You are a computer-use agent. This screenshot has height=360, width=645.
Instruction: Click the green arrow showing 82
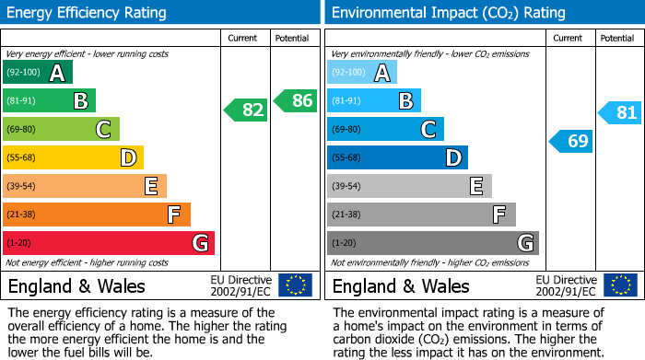tap(246, 110)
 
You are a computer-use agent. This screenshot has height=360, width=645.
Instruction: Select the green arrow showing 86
tap(296, 100)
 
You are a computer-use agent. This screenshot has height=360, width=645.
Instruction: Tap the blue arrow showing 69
tap(570, 142)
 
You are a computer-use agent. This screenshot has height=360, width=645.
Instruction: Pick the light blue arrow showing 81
tap(619, 112)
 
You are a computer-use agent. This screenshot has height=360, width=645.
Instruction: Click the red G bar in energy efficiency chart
tap(109, 243)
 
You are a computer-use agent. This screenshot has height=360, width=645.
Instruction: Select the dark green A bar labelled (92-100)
tap(38, 72)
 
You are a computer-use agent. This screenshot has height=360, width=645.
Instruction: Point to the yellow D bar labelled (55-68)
tap(73, 157)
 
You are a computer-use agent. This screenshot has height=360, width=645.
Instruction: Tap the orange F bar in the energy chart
tap(96, 215)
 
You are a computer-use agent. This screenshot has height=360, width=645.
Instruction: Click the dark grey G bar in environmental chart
tap(433, 243)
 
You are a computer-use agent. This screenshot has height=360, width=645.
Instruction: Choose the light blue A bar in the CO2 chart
tap(362, 72)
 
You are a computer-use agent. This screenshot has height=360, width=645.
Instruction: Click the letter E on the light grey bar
tap(476, 186)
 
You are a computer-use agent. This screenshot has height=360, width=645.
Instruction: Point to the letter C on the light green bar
tap(103, 129)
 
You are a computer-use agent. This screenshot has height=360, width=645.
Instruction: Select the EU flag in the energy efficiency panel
tap(295, 285)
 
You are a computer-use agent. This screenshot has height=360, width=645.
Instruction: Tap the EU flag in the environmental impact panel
tap(620, 285)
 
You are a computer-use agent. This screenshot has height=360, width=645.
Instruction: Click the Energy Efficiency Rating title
tap(87, 13)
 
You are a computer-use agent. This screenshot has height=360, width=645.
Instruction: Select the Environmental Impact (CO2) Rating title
tap(449, 13)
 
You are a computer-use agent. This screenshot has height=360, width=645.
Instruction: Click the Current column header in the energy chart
tap(242, 39)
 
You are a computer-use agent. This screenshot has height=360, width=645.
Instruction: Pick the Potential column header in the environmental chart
tap(617, 39)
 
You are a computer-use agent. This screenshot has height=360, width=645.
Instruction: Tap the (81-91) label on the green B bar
tap(21, 100)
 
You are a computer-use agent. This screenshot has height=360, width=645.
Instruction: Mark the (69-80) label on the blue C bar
tap(346, 130)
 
